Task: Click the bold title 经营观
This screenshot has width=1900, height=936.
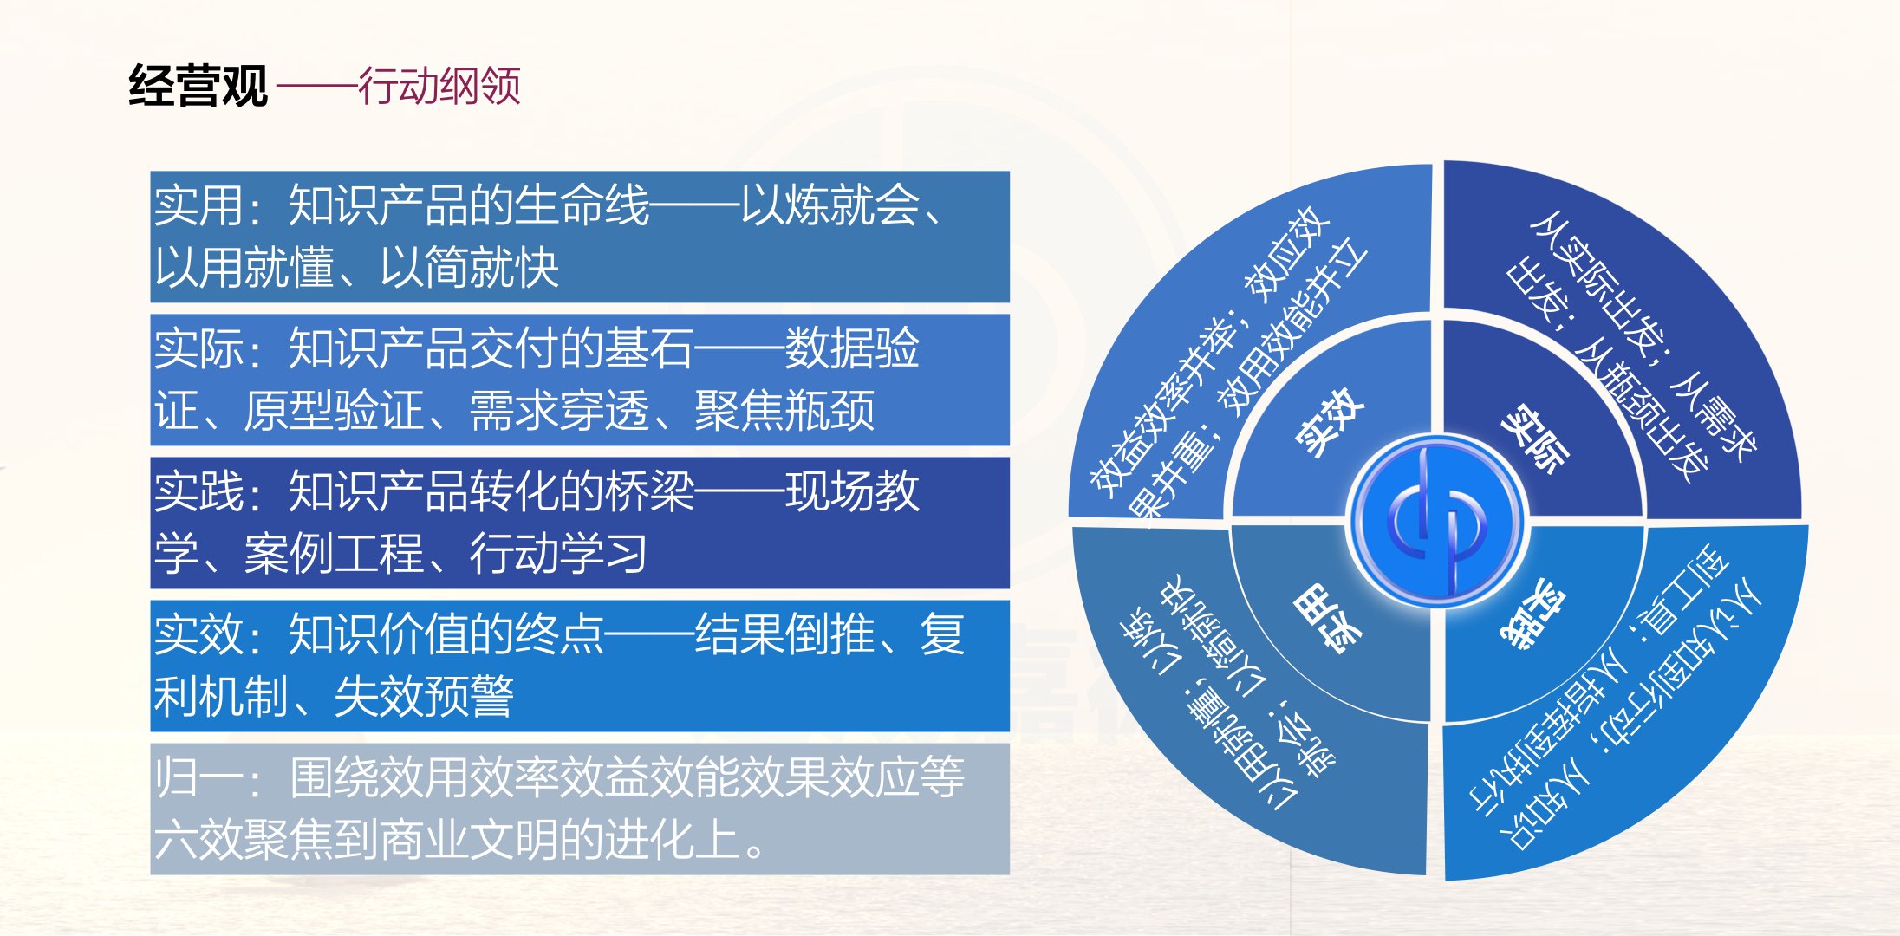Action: (x=198, y=86)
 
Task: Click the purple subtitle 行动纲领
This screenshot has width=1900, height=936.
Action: (x=439, y=86)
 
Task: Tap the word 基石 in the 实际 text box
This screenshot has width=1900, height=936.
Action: (x=649, y=348)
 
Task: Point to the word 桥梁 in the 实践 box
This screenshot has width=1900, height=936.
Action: (x=649, y=491)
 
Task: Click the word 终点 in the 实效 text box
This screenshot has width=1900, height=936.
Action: (x=559, y=634)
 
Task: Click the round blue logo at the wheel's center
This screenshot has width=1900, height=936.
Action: (x=1436, y=522)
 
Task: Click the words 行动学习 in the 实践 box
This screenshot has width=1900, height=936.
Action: (x=559, y=553)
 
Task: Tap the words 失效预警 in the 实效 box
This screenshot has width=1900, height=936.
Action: (x=424, y=696)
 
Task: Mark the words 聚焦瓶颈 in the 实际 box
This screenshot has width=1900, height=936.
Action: (x=784, y=410)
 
